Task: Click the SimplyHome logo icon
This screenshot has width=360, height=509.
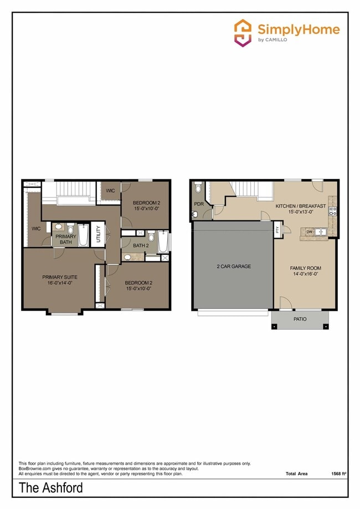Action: [x=243, y=33]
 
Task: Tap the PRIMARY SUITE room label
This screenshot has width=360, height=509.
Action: [x=59, y=277]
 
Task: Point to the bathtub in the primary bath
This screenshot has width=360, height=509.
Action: [x=83, y=235]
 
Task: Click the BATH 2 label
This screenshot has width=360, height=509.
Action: [x=141, y=245]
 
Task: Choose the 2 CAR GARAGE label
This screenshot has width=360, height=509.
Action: [x=233, y=266]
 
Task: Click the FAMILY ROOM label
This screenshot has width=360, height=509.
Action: [x=305, y=268]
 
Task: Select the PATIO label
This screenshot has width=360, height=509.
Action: [x=300, y=319]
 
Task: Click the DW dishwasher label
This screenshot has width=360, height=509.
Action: [x=310, y=232]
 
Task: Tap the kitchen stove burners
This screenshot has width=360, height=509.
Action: [x=333, y=210]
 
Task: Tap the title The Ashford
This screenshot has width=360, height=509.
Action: [x=50, y=488]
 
